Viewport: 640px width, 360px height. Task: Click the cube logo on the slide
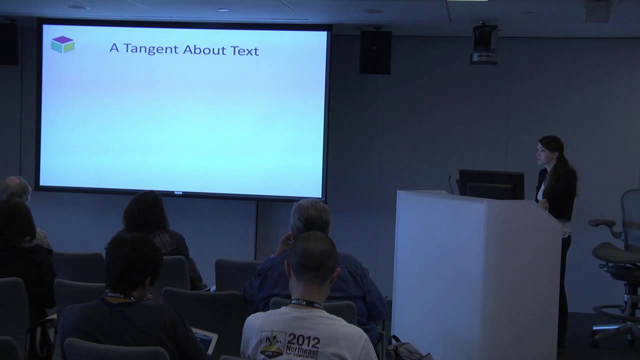(x=62, y=44)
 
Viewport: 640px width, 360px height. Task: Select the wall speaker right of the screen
(x=375, y=52)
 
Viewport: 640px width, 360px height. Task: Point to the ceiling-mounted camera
(x=484, y=43)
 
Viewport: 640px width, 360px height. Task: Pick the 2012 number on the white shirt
(x=303, y=341)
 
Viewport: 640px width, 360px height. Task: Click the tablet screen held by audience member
(x=205, y=340)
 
